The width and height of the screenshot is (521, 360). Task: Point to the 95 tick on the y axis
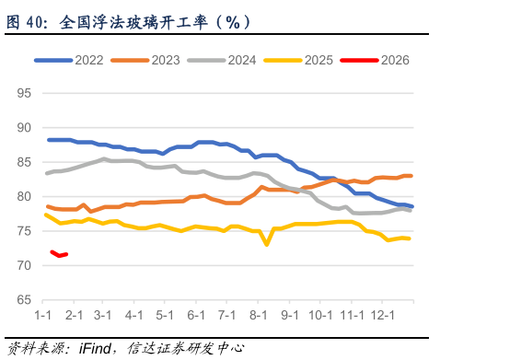[x=24, y=94]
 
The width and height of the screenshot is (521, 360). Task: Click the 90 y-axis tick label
[x=24, y=128]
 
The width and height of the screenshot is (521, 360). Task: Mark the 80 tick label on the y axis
[x=24, y=197]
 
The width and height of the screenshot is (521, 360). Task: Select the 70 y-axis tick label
[x=24, y=266]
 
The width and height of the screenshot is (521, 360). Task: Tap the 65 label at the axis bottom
[x=24, y=300]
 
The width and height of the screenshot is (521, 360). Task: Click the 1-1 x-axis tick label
[x=42, y=316]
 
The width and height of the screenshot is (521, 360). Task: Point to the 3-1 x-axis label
[x=102, y=316]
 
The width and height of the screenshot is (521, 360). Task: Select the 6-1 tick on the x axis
[x=196, y=316]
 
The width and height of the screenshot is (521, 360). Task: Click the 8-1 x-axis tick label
[x=259, y=316]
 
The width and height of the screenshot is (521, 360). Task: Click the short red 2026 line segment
[x=59, y=254]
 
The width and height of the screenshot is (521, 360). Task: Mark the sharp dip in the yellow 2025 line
[x=266, y=244]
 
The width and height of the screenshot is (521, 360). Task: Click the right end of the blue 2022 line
[x=411, y=206]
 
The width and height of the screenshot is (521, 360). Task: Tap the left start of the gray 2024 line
[x=47, y=173]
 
